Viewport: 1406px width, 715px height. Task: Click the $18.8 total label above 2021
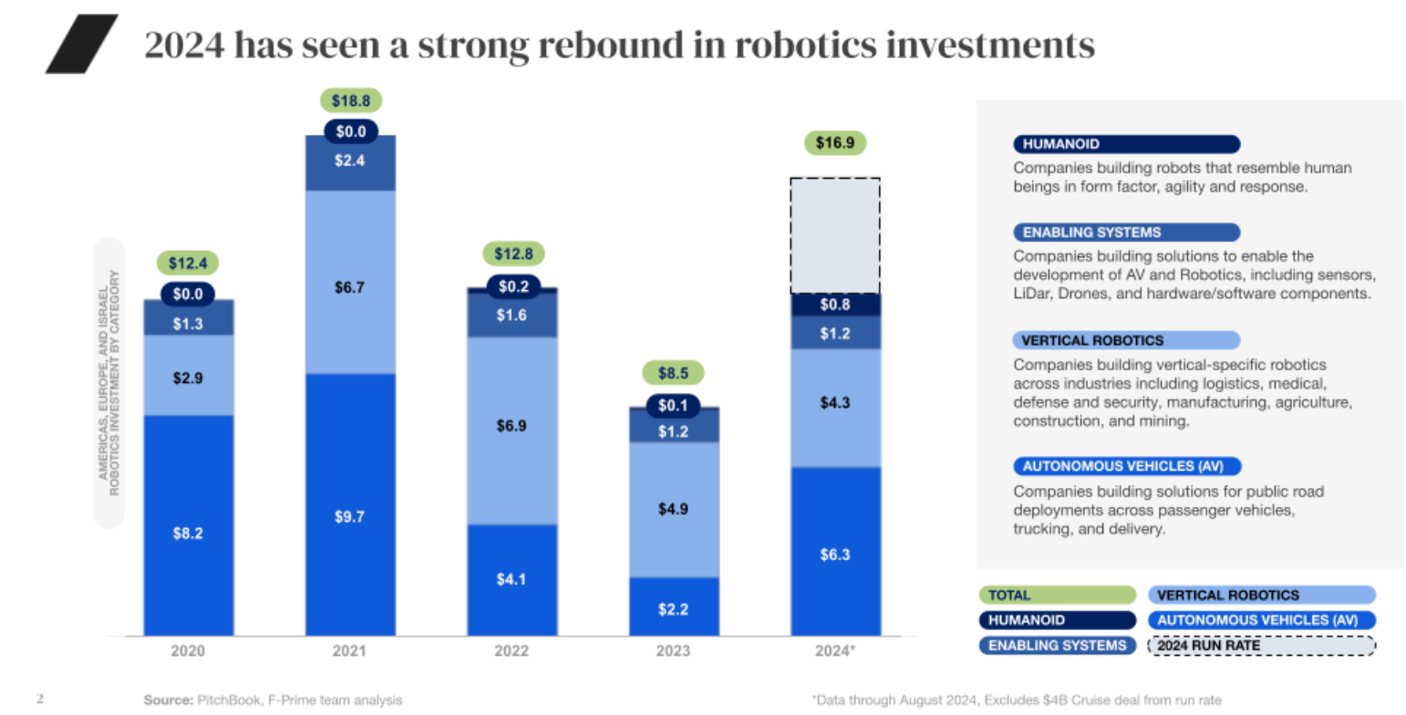point(350,100)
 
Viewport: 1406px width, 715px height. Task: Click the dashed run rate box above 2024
point(834,235)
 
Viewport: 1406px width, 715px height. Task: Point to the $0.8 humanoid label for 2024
point(834,304)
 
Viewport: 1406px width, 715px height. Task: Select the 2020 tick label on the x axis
point(189,651)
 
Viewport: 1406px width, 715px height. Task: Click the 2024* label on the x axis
point(835,651)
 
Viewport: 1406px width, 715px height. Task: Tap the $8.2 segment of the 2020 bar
point(189,534)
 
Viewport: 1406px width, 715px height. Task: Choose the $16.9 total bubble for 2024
point(834,142)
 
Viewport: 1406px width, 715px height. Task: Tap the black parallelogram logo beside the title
point(82,44)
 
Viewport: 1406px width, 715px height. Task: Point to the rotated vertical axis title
point(109,383)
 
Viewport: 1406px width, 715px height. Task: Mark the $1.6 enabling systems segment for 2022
point(512,315)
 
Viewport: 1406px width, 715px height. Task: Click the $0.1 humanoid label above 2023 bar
point(673,405)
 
